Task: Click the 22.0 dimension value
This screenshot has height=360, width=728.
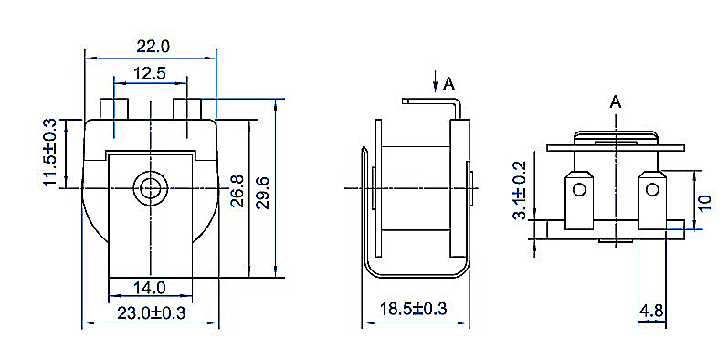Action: (x=153, y=47)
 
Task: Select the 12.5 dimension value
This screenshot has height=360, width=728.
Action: (x=150, y=73)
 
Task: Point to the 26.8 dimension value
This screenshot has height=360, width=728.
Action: (x=237, y=191)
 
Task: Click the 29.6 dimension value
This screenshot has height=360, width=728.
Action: (x=263, y=193)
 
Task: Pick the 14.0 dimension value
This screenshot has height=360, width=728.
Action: (x=150, y=288)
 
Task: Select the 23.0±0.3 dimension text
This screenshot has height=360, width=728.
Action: (x=151, y=312)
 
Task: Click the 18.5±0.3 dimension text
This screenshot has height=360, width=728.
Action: (x=413, y=309)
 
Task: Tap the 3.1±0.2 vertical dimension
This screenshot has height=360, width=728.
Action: (x=520, y=190)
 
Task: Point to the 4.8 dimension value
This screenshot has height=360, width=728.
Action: (x=651, y=311)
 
